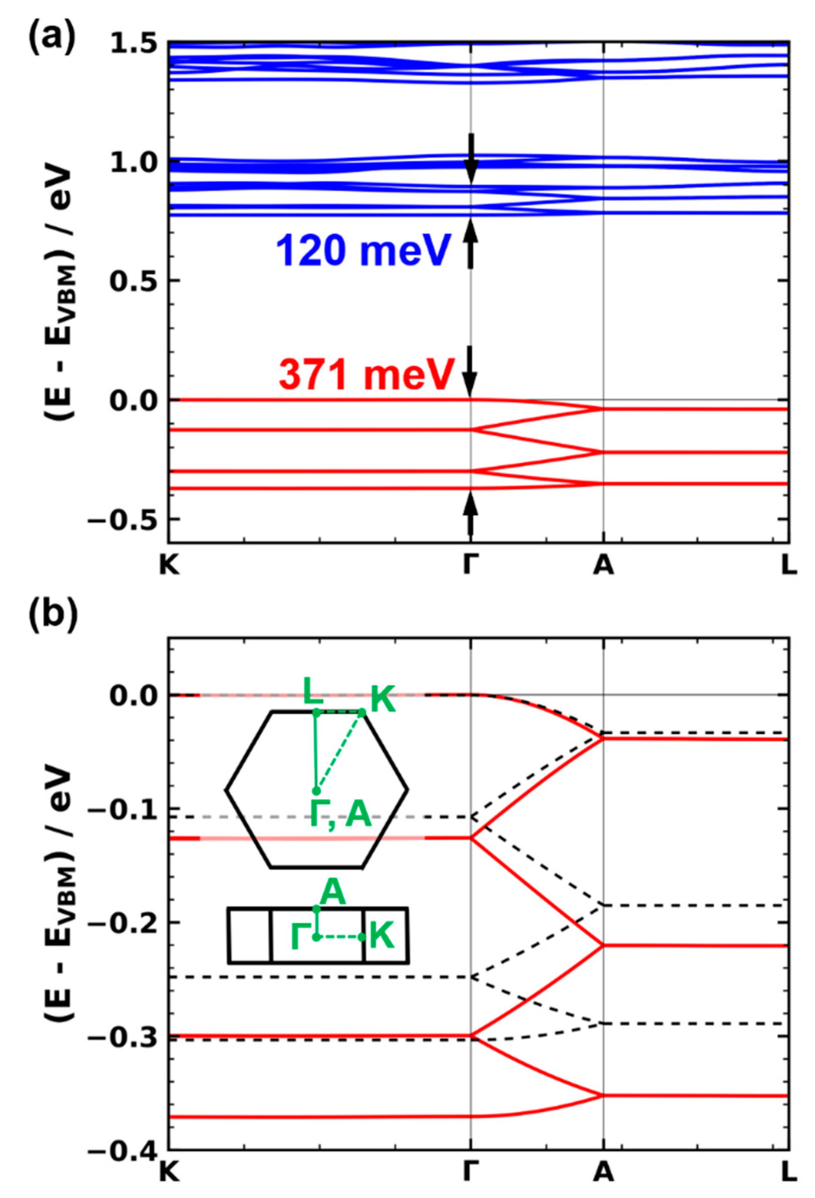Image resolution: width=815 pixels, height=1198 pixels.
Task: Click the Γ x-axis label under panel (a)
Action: [x=470, y=566]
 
